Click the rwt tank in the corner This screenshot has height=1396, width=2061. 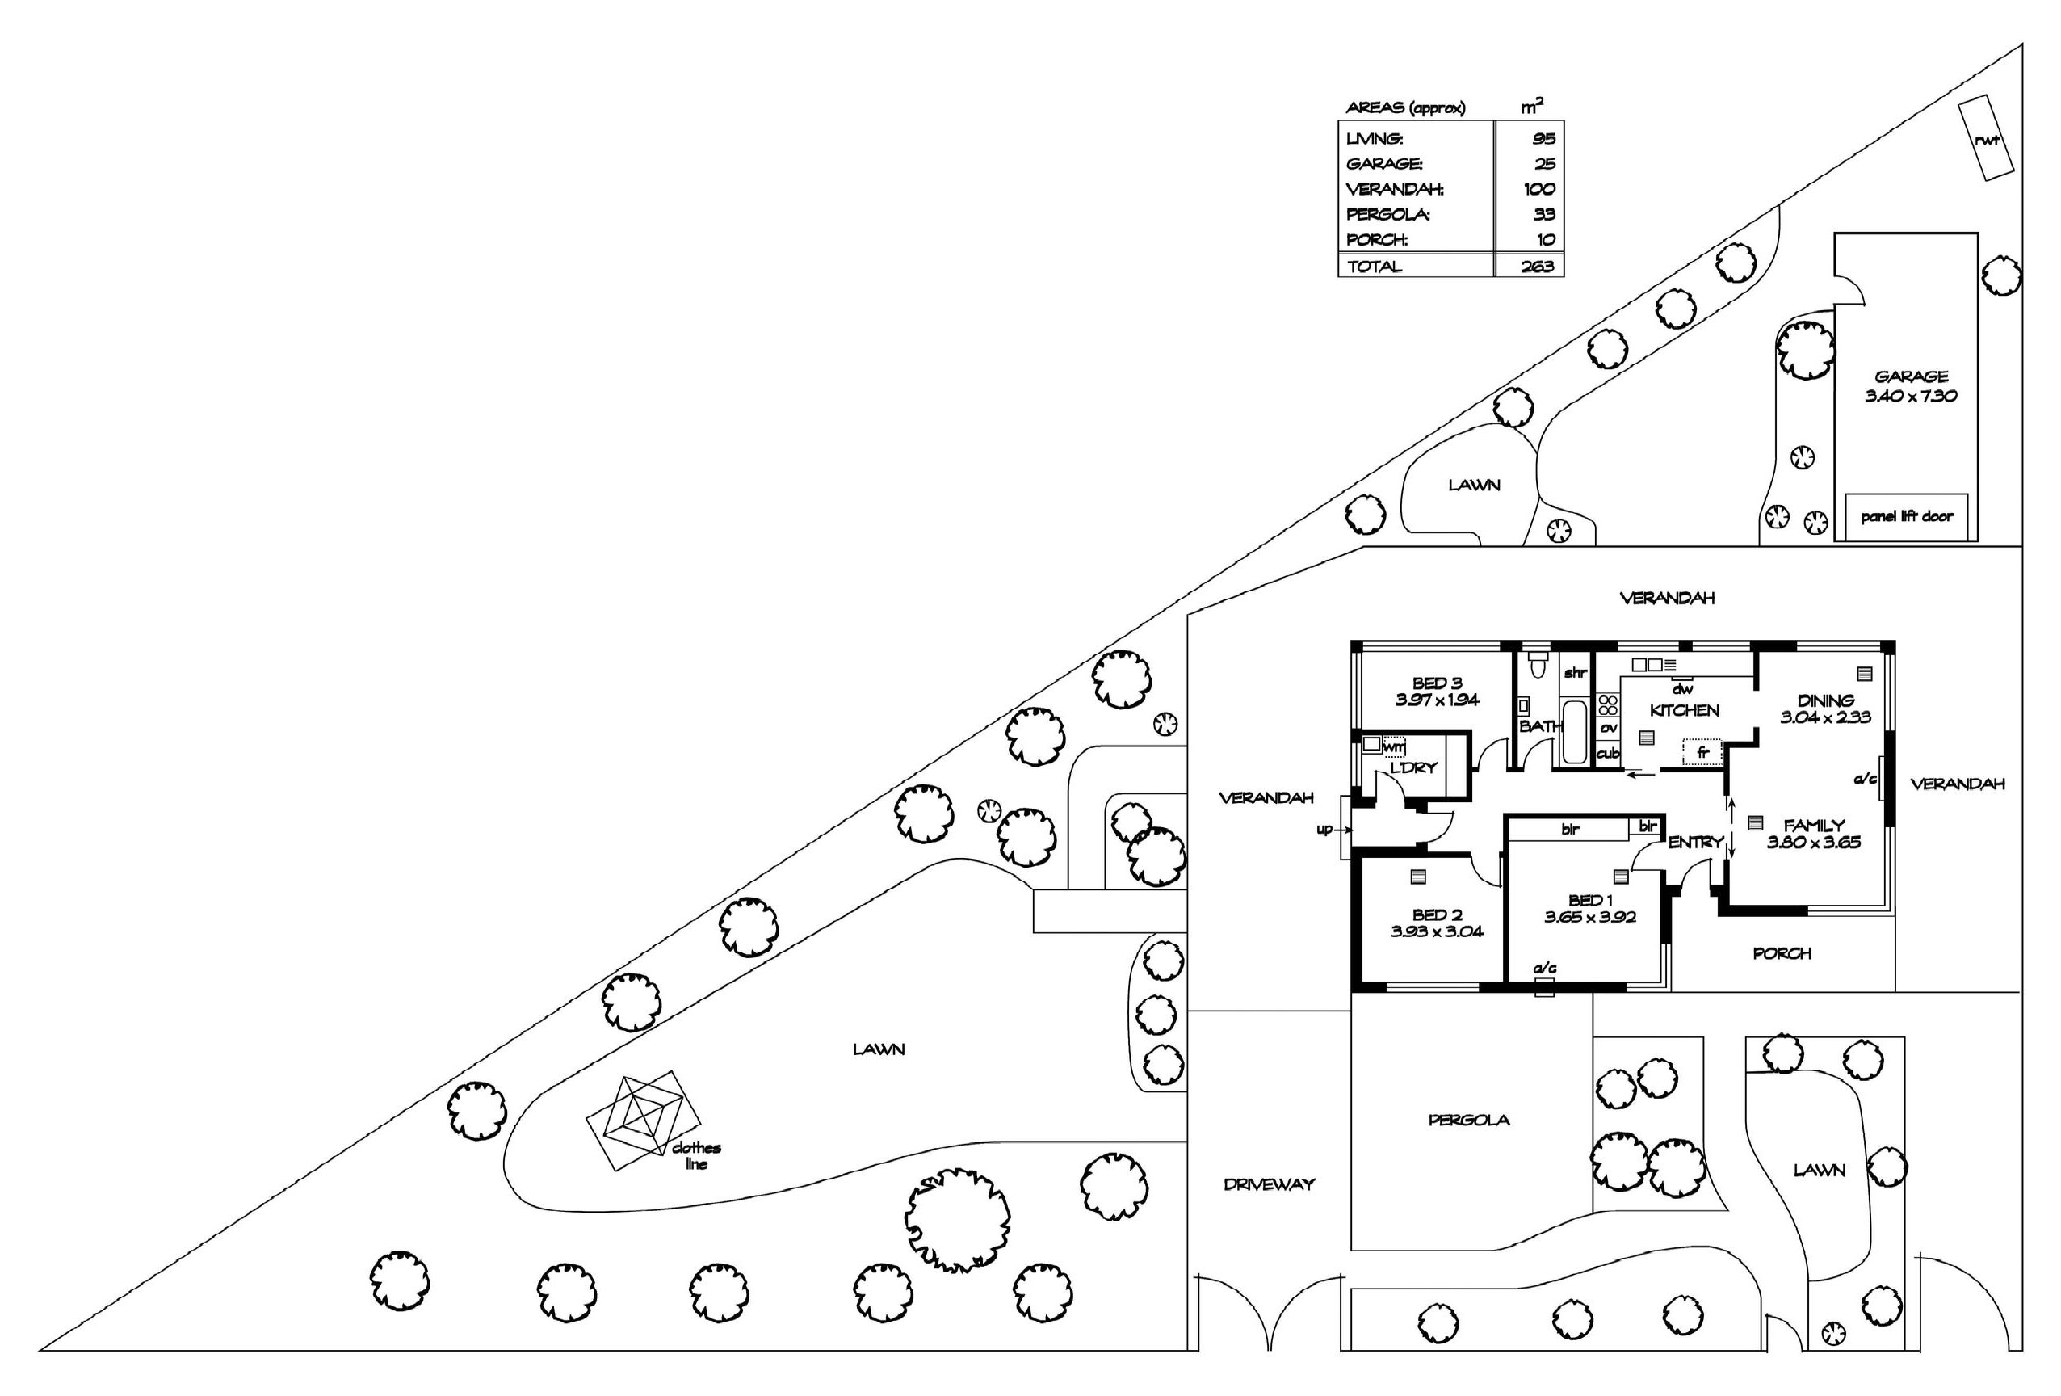pos(1986,138)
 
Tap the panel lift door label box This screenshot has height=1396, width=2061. pos(1907,516)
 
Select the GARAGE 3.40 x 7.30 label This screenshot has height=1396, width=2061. pos(1910,386)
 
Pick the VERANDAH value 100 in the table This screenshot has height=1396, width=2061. pos(1538,189)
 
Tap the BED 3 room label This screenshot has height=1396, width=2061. pos(1437,683)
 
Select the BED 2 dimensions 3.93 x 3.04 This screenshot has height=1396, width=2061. pos(1437,931)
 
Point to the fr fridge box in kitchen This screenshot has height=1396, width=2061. pos(1702,752)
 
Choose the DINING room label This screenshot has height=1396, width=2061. pos(1825,700)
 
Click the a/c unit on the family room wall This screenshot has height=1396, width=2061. pos(1882,779)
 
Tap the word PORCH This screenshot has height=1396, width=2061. pos(1782,953)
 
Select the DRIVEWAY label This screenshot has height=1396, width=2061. pos(1268,1184)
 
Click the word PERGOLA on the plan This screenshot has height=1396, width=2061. pos(1468,1121)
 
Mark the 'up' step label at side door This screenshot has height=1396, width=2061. pos(1324,829)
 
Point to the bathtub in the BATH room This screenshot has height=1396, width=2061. pos(1573,732)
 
